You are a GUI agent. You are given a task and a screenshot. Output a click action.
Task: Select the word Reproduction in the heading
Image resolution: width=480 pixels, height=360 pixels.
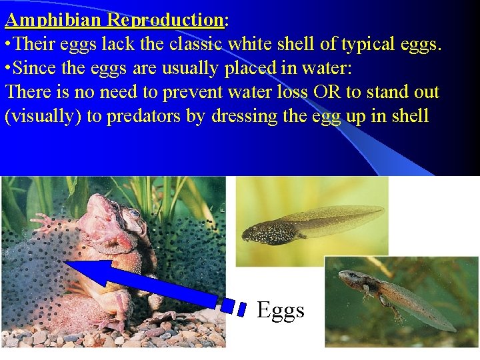(164, 20)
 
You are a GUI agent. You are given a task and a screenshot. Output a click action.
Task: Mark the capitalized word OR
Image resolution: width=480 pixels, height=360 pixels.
(325, 92)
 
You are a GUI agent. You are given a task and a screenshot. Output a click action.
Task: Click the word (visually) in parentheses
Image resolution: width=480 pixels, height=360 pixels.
(43, 116)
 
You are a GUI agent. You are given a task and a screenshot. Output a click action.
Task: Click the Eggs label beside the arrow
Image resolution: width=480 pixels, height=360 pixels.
(281, 310)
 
